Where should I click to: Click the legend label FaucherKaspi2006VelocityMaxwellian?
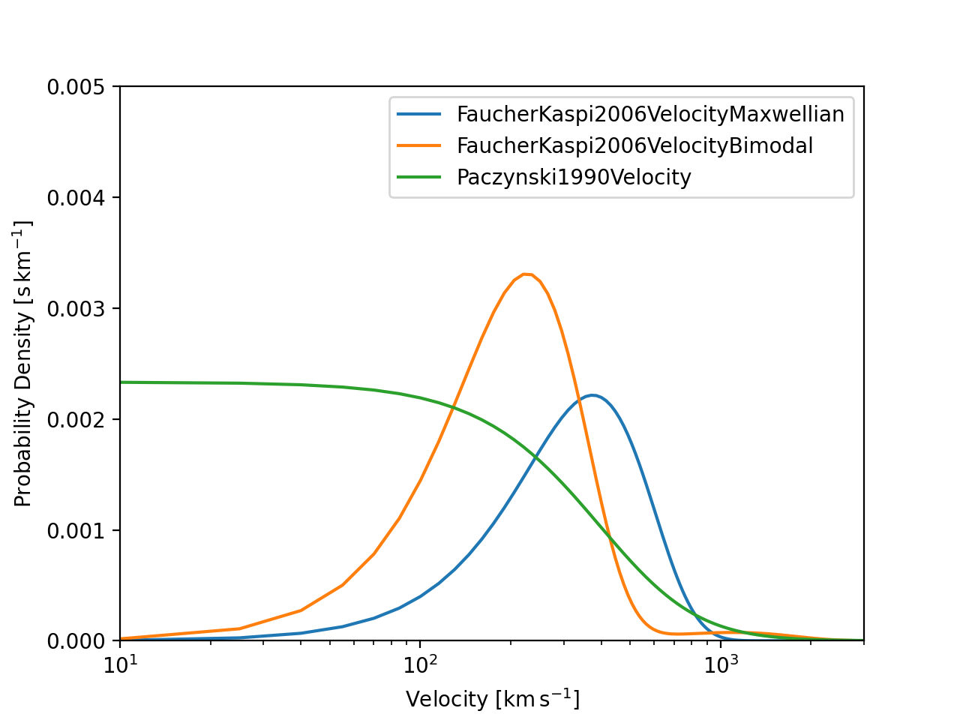(650, 114)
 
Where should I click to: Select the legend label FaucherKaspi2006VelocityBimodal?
(634, 145)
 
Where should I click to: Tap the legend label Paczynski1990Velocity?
(574, 177)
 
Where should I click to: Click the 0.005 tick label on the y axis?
(78, 87)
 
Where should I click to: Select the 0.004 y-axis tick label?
(78, 198)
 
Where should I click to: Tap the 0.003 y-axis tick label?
(78, 309)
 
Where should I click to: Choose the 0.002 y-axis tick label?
(78, 419)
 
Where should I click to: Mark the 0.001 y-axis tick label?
(78, 530)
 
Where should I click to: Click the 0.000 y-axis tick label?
(78, 641)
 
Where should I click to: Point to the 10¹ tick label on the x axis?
(121, 663)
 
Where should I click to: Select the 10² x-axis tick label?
(420, 663)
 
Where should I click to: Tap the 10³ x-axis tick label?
(719, 663)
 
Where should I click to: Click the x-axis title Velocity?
(492, 699)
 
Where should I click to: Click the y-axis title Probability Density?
(24, 364)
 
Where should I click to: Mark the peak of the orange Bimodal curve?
(526, 274)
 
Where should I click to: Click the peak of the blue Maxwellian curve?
(592, 395)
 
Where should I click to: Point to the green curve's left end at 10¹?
(121, 382)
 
